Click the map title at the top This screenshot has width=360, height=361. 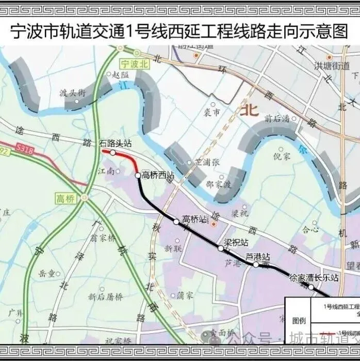pyautogui.click(x=179, y=30)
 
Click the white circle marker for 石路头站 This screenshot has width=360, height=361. pyautogui.click(x=112, y=152)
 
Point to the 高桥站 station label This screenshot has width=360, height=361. pyautogui.click(x=194, y=219)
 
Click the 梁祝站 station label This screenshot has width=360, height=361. pyautogui.click(x=236, y=242)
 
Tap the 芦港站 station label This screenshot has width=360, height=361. pyautogui.click(x=258, y=256)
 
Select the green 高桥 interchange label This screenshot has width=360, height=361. pyautogui.click(x=67, y=198)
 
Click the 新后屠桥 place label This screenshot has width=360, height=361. pyautogui.click(x=105, y=296)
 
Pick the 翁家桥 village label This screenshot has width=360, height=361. pyautogui.click(x=103, y=238)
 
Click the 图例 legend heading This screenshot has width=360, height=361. pyautogui.click(x=299, y=321)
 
